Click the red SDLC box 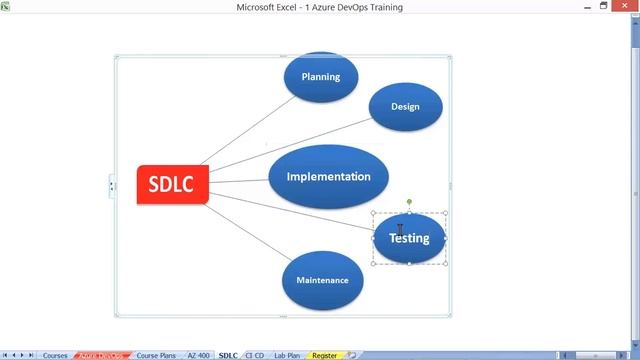tap(172, 185)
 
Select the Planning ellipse tap(320, 76)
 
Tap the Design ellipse tap(405, 107)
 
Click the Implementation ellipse tap(328, 177)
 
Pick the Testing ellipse tap(409, 239)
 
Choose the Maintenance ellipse tap(322, 280)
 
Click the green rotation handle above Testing tap(409, 202)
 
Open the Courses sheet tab tap(55, 355)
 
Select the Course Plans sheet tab tap(155, 355)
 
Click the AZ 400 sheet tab tap(198, 355)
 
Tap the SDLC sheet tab tap(228, 355)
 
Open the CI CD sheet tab tap(255, 355)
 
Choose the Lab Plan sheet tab tap(287, 355)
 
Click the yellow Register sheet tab tap(324, 355)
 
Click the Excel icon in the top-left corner tap(6, 7)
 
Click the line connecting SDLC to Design tap(290, 145)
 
